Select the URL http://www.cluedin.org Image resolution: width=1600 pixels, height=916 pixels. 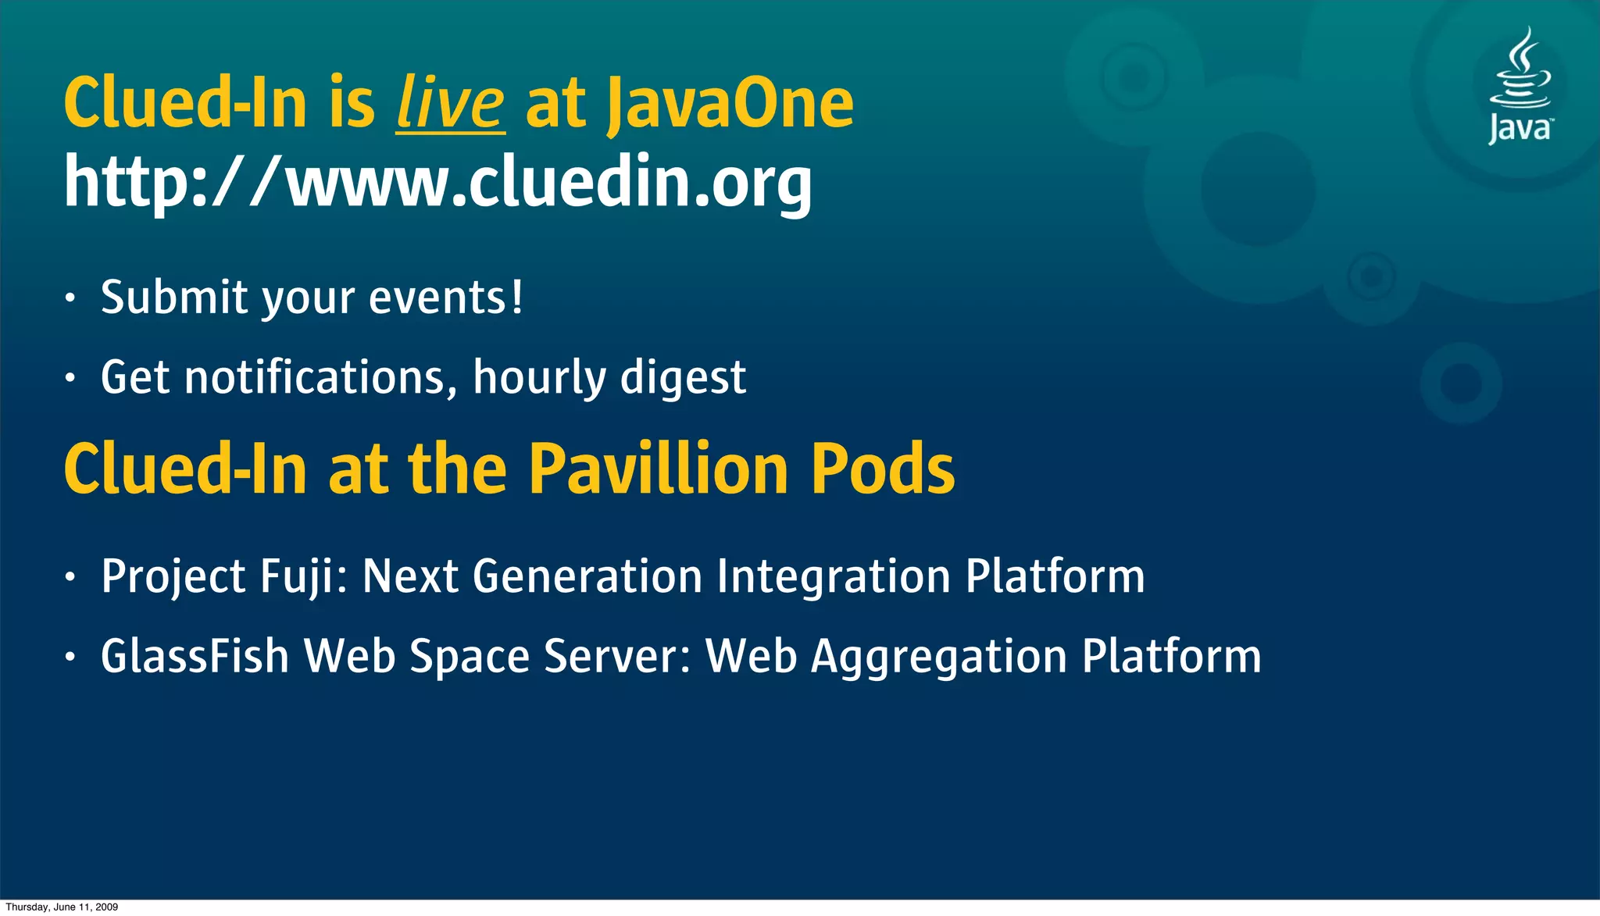437,182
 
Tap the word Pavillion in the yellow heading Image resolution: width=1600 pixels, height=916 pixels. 659,469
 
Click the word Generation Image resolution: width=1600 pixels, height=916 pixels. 587,577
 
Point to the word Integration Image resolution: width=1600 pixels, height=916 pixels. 834,577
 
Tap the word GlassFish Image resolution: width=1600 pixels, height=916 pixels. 195,656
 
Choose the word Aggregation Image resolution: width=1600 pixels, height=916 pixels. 939,658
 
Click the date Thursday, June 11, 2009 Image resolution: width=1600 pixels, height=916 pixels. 62,907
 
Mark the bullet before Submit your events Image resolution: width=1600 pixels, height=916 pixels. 70,299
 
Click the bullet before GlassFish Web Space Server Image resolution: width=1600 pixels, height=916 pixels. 70,658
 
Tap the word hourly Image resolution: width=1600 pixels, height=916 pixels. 539,379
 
